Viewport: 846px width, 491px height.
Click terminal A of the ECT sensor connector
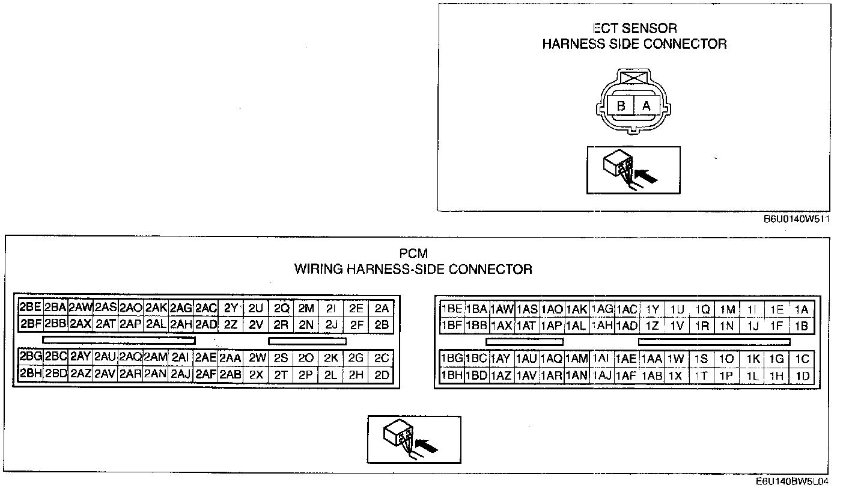[x=647, y=106]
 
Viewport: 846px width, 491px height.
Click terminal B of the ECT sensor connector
[x=621, y=106]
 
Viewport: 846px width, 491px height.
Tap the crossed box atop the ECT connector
[x=634, y=78]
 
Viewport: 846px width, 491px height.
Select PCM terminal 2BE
[x=31, y=308]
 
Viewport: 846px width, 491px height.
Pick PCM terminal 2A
[x=382, y=308]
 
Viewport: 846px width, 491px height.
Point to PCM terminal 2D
[x=382, y=375]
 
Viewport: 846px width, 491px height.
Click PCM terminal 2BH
[x=31, y=375]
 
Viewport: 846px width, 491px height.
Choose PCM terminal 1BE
[x=451, y=309]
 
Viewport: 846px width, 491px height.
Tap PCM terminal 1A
[x=802, y=309]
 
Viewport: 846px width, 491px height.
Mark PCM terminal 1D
[x=802, y=377]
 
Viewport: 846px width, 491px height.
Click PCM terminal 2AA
[x=230, y=358]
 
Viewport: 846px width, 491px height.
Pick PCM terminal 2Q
[x=281, y=308]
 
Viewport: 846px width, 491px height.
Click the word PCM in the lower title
[x=413, y=254]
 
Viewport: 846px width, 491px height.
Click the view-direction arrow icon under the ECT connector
[x=633, y=170]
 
